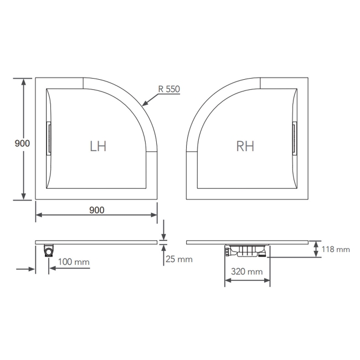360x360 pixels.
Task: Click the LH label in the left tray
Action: (98, 146)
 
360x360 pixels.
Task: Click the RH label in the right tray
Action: (245, 146)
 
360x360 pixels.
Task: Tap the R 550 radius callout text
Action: (169, 89)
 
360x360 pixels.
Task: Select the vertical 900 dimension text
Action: (22, 143)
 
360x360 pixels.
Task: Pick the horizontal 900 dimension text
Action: (97, 210)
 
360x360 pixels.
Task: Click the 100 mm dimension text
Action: (74, 262)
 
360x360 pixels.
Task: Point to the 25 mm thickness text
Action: (179, 259)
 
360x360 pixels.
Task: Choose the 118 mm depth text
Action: (336, 249)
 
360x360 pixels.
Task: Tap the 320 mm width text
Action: (247, 271)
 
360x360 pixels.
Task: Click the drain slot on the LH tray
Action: (49, 138)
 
